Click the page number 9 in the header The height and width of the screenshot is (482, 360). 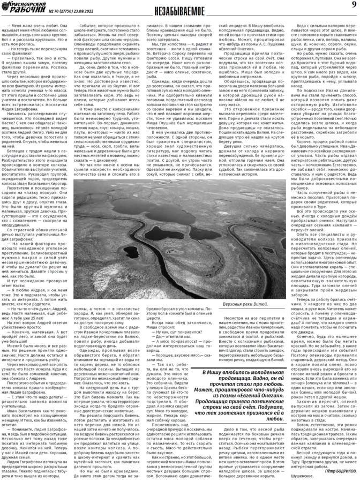354,5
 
